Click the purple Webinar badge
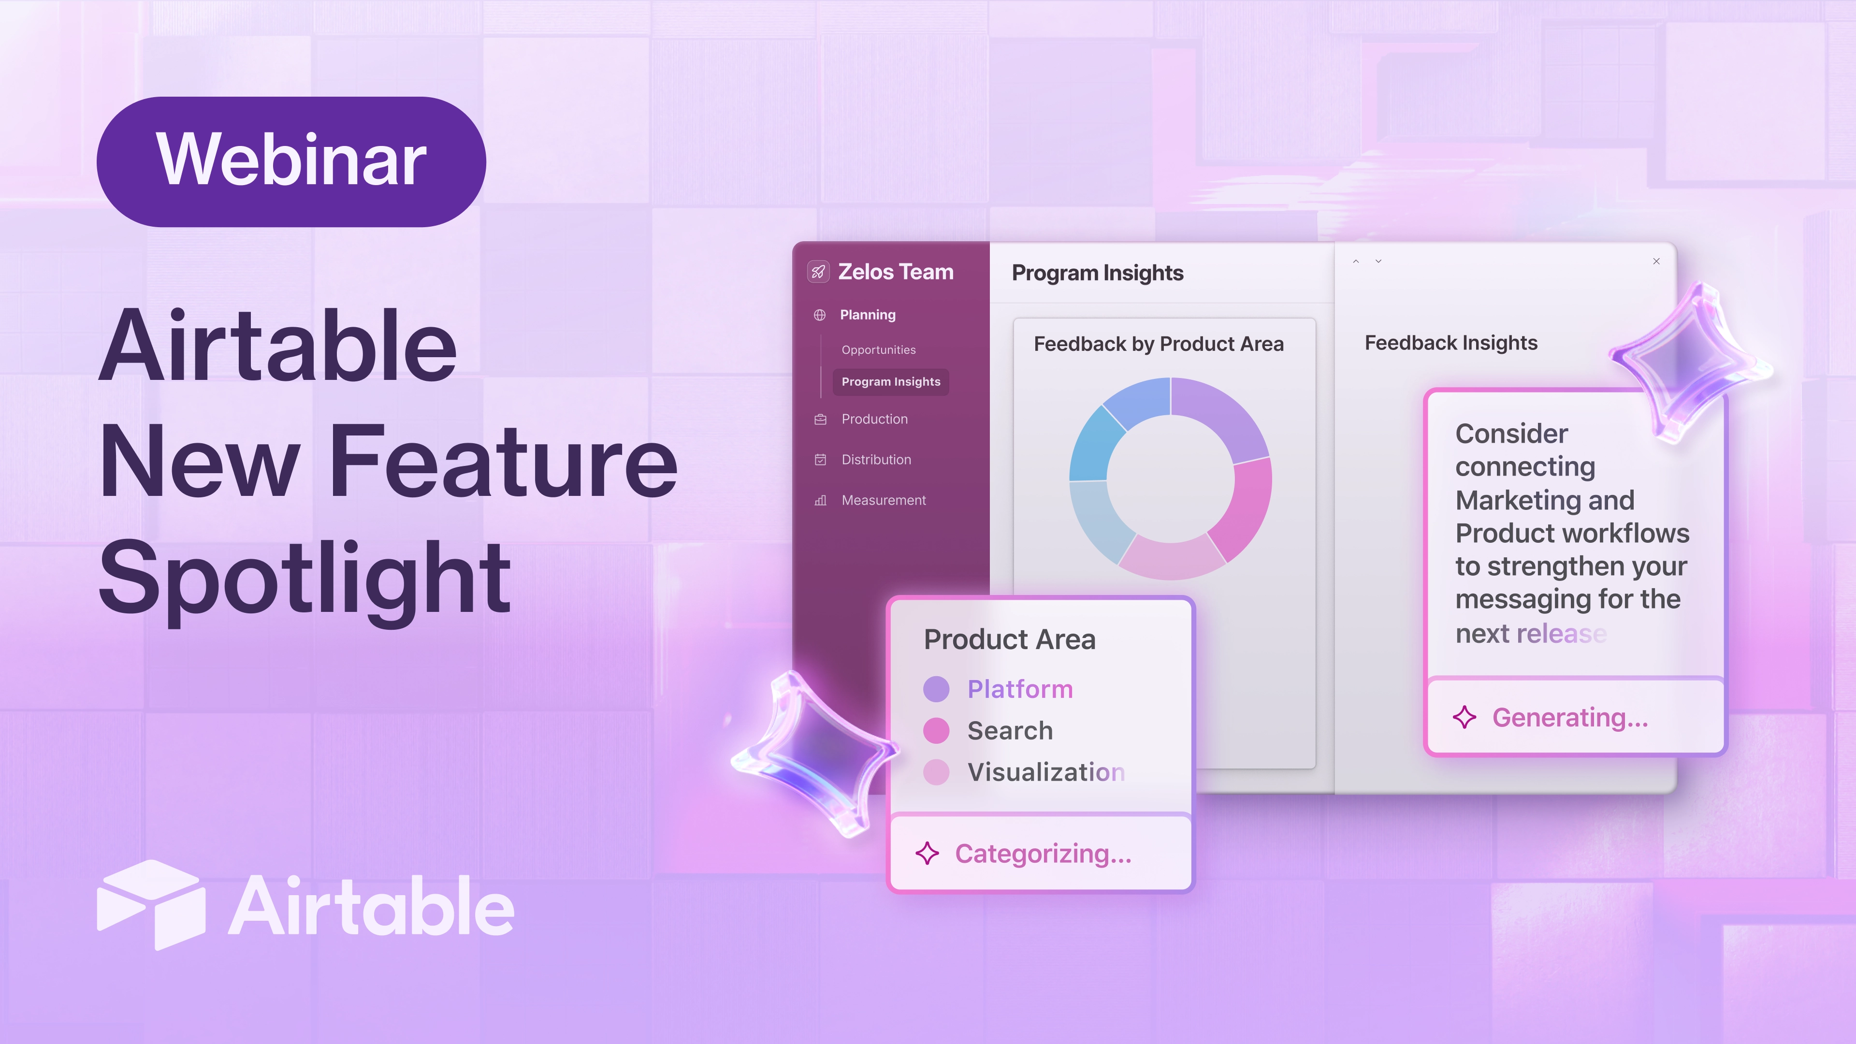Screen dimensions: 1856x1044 291,161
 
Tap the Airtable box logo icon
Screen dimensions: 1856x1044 151,904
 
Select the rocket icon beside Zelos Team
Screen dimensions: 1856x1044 818,272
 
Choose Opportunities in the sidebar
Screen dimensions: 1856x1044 878,349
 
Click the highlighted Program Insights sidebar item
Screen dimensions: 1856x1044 890,382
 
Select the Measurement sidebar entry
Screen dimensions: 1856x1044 884,500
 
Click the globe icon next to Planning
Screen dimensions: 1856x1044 820,315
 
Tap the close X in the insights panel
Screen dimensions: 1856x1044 1656,261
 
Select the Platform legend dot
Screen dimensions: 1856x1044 936,689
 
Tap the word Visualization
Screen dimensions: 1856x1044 1046,772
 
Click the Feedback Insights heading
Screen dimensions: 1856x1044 1451,343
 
